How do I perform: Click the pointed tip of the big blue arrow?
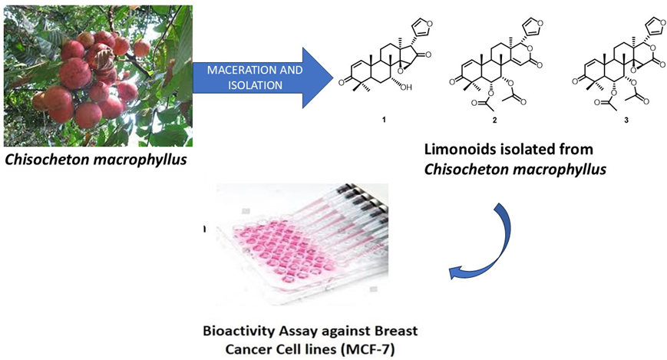click(x=334, y=78)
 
